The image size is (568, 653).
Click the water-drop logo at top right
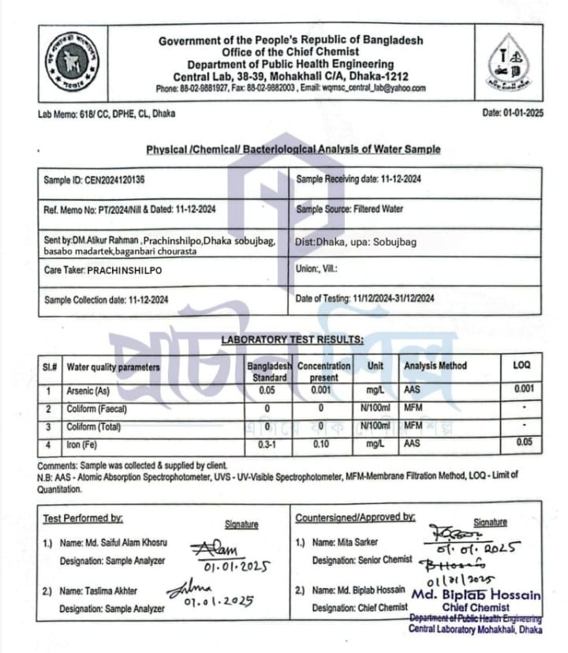coord(513,61)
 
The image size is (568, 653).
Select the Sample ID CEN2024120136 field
coord(94,180)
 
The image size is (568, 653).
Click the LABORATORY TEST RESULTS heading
coord(292,340)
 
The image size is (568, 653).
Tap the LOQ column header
coord(522,366)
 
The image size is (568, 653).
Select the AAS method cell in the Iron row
coord(413,445)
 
